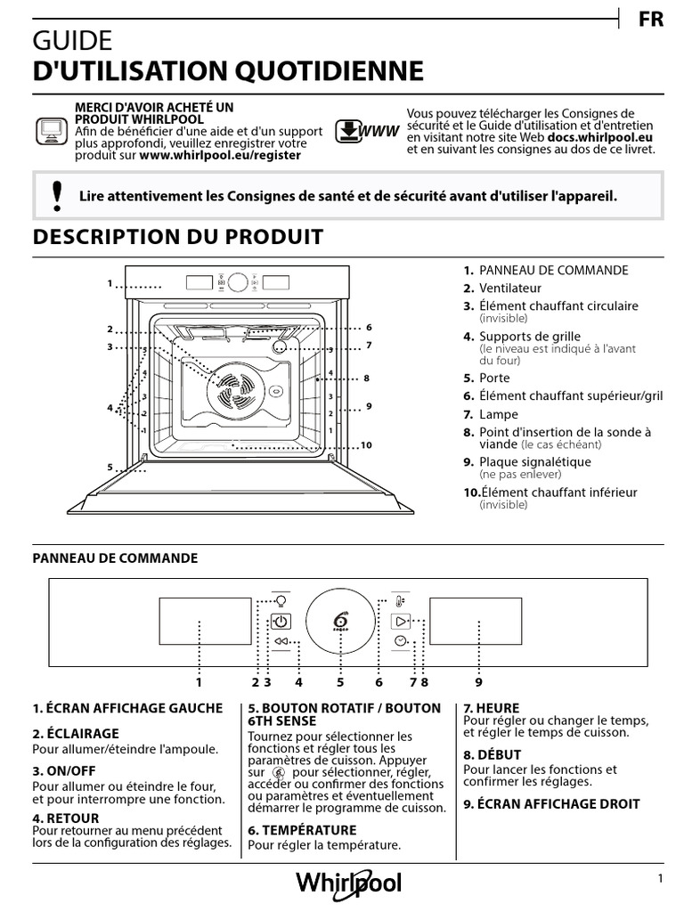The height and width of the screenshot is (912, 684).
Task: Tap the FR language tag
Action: pos(651,20)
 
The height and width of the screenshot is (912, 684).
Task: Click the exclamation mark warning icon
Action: pos(58,195)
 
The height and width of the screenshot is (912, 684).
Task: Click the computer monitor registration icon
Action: pos(50,131)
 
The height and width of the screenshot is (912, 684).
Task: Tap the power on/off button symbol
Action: pos(281,622)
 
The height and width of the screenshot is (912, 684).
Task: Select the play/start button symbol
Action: pos(401,621)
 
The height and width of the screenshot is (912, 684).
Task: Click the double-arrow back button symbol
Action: pos(281,641)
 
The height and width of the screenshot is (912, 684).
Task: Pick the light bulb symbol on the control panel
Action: pos(281,600)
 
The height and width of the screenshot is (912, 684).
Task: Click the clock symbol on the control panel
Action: pos(401,641)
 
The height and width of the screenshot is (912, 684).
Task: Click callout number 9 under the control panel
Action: pos(478,682)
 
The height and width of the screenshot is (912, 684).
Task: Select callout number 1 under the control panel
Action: pos(199,682)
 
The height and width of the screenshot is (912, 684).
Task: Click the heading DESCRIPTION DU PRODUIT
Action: pos(178,237)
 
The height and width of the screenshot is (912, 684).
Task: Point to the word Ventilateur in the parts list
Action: pos(510,288)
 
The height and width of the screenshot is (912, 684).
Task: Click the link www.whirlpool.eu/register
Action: pos(220,154)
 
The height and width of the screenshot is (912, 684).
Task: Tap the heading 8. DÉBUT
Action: pos(493,754)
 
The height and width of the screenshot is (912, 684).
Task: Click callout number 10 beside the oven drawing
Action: pos(365,445)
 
